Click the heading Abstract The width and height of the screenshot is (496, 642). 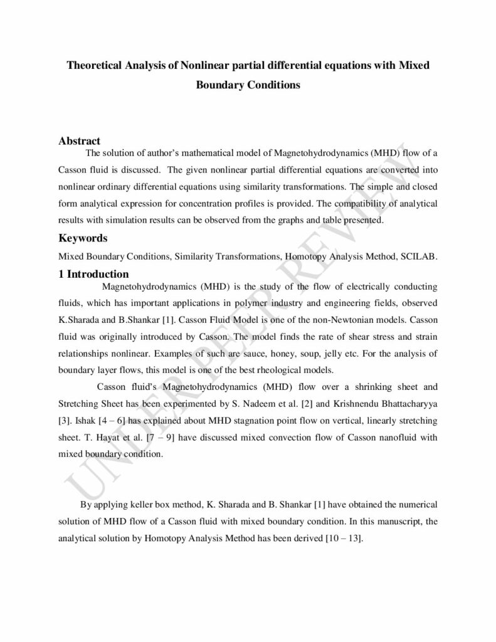[x=80, y=141]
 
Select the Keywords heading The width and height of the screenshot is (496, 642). [x=83, y=239]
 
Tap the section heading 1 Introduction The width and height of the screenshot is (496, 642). [x=93, y=274]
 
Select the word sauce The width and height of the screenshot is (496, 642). [x=253, y=353]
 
